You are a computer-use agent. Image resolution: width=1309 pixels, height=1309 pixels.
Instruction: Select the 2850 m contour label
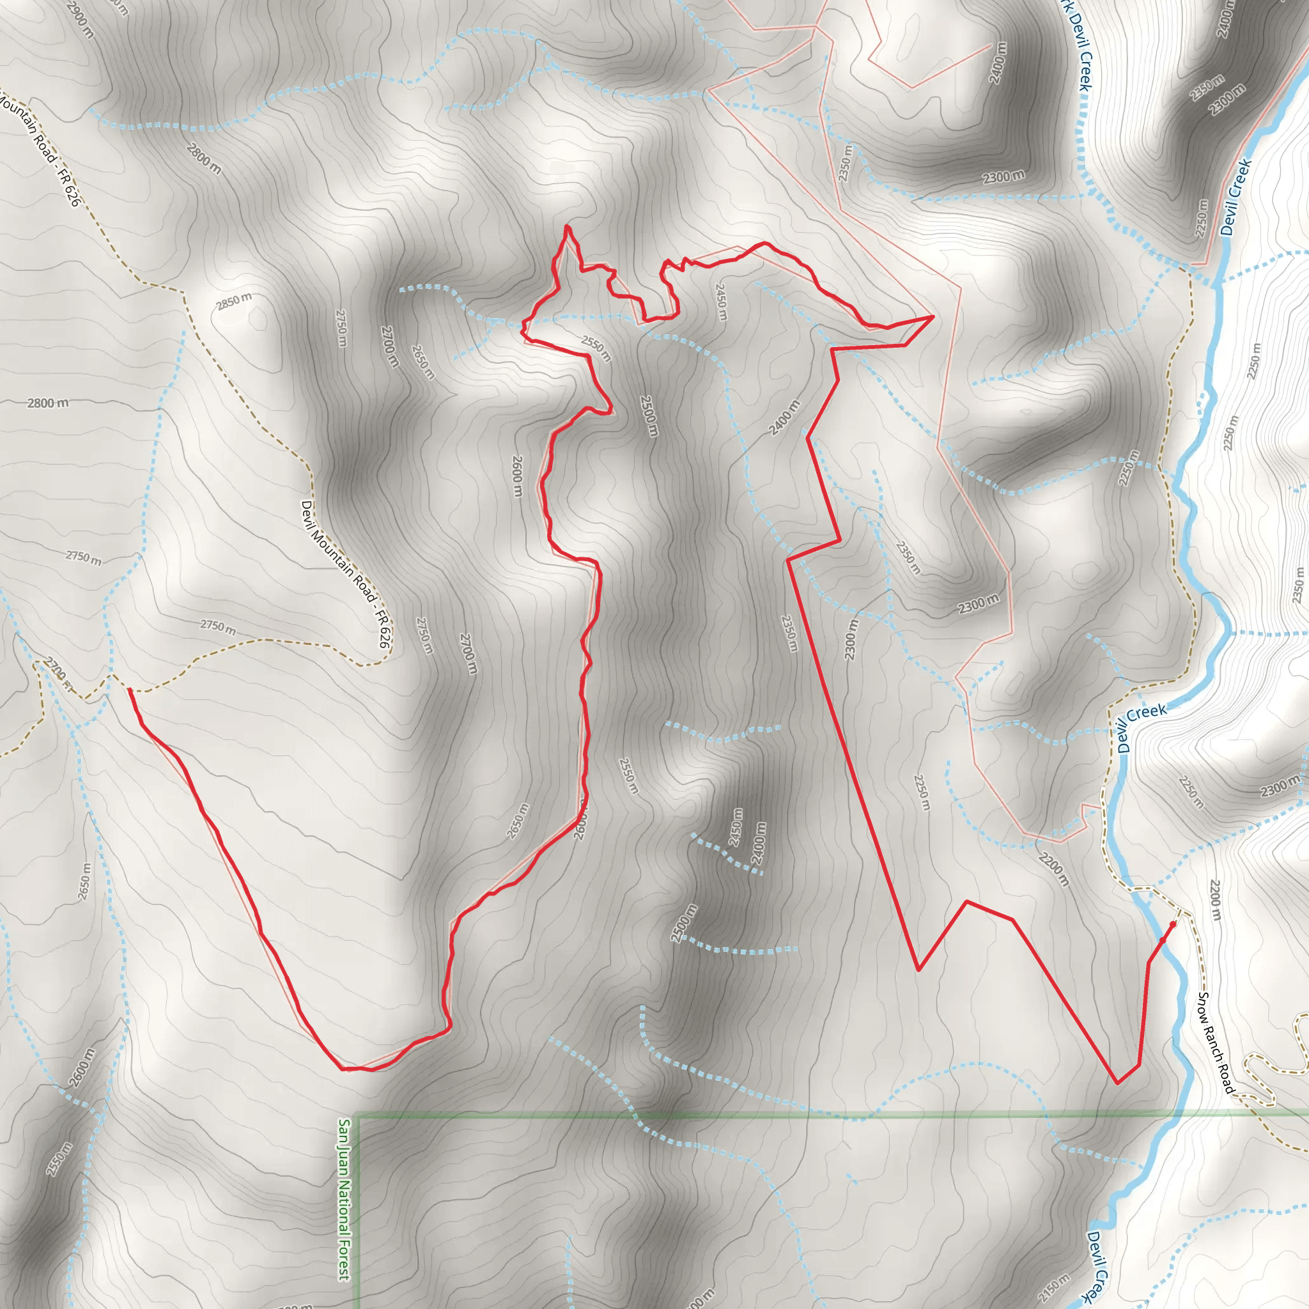coord(234,301)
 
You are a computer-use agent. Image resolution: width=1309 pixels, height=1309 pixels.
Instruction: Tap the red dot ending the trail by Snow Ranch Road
coord(1173,924)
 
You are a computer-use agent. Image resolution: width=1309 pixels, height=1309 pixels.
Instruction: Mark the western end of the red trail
coord(129,689)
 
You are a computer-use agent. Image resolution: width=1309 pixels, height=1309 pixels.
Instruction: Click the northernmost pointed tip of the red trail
coord(566,226)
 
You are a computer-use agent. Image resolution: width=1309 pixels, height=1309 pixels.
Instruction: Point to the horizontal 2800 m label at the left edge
coord(47,403)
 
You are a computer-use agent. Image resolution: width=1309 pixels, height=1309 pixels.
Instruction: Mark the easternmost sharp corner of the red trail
coord(933,316)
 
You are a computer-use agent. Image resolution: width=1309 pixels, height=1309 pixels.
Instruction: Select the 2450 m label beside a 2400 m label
coord(735,826)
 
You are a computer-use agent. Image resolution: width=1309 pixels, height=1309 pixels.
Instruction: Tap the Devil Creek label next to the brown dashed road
coord(1142,727)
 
